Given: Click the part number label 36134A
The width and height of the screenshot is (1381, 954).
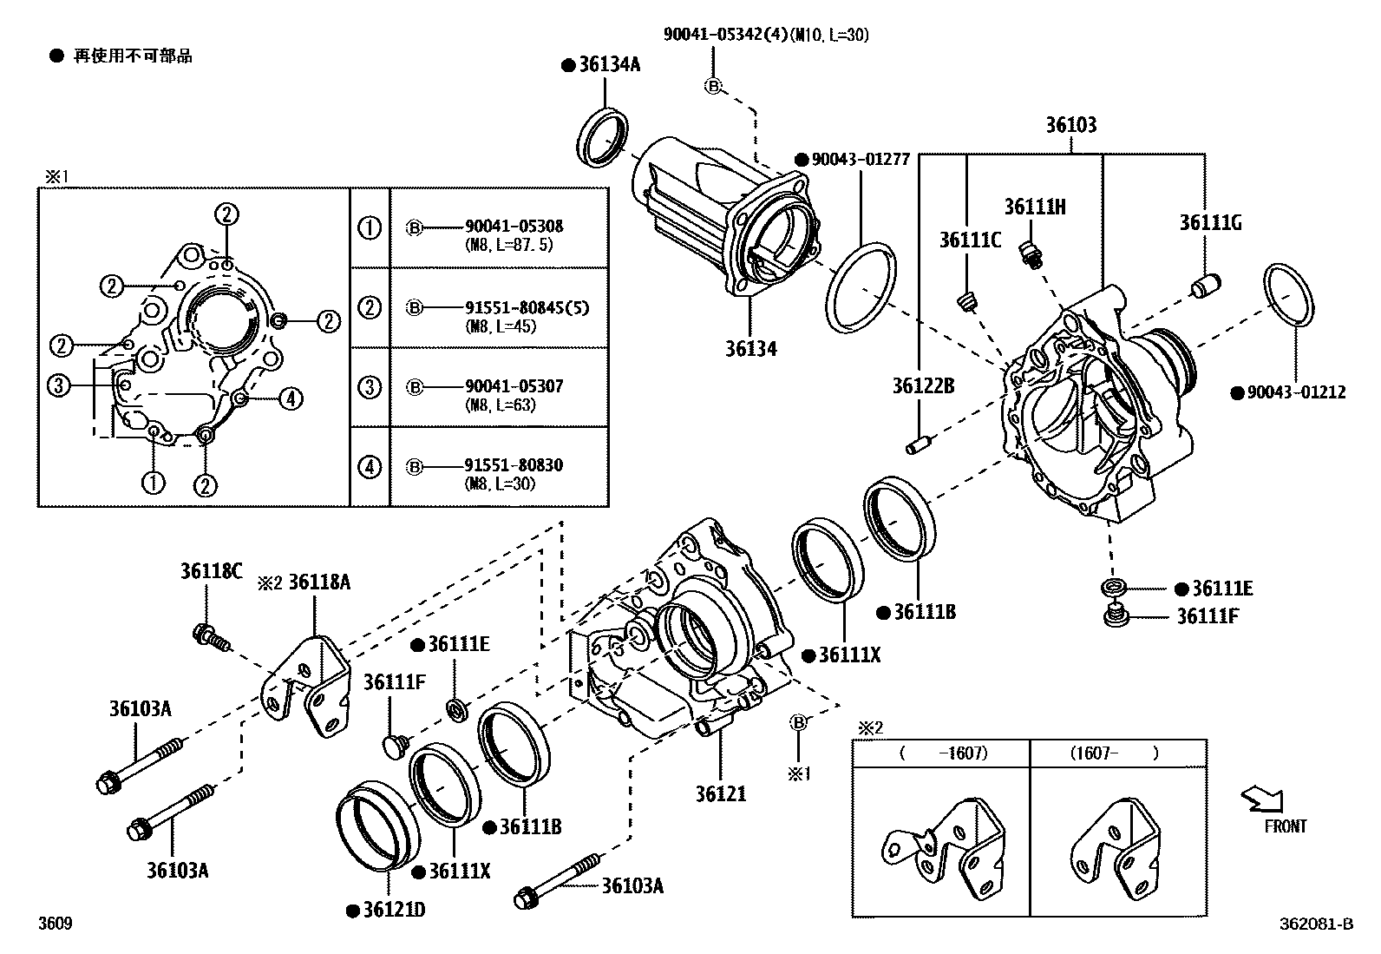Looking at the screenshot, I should (609, 65).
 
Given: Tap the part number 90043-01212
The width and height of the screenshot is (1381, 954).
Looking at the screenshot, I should (1295, 392).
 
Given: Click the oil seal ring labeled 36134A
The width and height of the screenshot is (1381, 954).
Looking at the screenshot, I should (601, 136).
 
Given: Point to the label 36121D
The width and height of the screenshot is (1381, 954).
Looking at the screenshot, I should (394, 910).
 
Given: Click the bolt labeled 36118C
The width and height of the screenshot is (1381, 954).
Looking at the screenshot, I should (210, 639).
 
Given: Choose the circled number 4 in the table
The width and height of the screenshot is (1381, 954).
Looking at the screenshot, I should (370, 467).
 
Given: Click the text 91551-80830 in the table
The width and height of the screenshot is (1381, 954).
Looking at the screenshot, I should (514, 465).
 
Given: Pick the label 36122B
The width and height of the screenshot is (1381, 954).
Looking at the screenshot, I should (923, 385).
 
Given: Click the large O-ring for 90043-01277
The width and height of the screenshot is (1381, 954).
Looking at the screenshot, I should (861, 288).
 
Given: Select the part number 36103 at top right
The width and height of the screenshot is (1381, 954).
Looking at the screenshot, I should (1070, 125).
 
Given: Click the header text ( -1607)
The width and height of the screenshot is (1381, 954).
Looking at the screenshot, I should (942, 753).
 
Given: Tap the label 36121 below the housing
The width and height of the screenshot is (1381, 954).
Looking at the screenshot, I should (720, 793).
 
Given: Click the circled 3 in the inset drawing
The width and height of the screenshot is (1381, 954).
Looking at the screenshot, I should (58, 385).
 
